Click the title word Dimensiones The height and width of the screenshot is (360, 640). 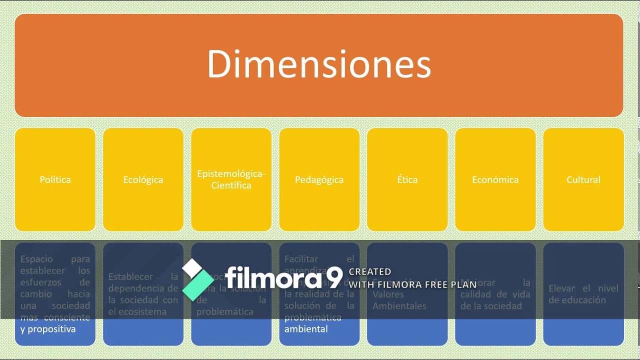pyautogui.click(x=319, y=64)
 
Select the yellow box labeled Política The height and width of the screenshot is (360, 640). pyautogui.click(x=55, y=179)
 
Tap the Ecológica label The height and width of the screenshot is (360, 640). pyautogui.click(x=143, y=179)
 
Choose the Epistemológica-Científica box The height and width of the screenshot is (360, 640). pyautogui.click(x=231, y=179)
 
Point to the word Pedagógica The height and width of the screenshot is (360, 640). pyautogui.click(x=319, y=179)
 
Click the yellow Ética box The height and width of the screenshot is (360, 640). pyautogui.click(x=407, y=179)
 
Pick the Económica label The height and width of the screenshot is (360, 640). pyautogui.click(x=495, y=179)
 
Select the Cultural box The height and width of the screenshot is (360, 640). pyautogui.click(x=583, y=179)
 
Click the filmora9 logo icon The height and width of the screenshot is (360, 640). pyautogui.click(x=197, y=279)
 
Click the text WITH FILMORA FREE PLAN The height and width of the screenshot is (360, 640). pyautogui.click(x=412, y=285)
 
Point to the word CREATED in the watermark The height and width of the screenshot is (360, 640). pyautogui.click(x=370, y=271)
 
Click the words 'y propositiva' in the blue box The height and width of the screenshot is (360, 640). pyautogui.click(x=48, y=329)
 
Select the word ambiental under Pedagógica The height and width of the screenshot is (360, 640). pyautogui.click(x=306, y=329)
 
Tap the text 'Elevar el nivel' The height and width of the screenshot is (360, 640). pyautogui.click(x=583, y=288)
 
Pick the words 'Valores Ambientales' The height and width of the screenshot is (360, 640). pyautogui.click(x=399, y=300)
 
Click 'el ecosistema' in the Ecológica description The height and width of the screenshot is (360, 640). pyautogui.click(x=137, y=311)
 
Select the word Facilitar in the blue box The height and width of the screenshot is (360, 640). pyautogui.click(x=301, y=259)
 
